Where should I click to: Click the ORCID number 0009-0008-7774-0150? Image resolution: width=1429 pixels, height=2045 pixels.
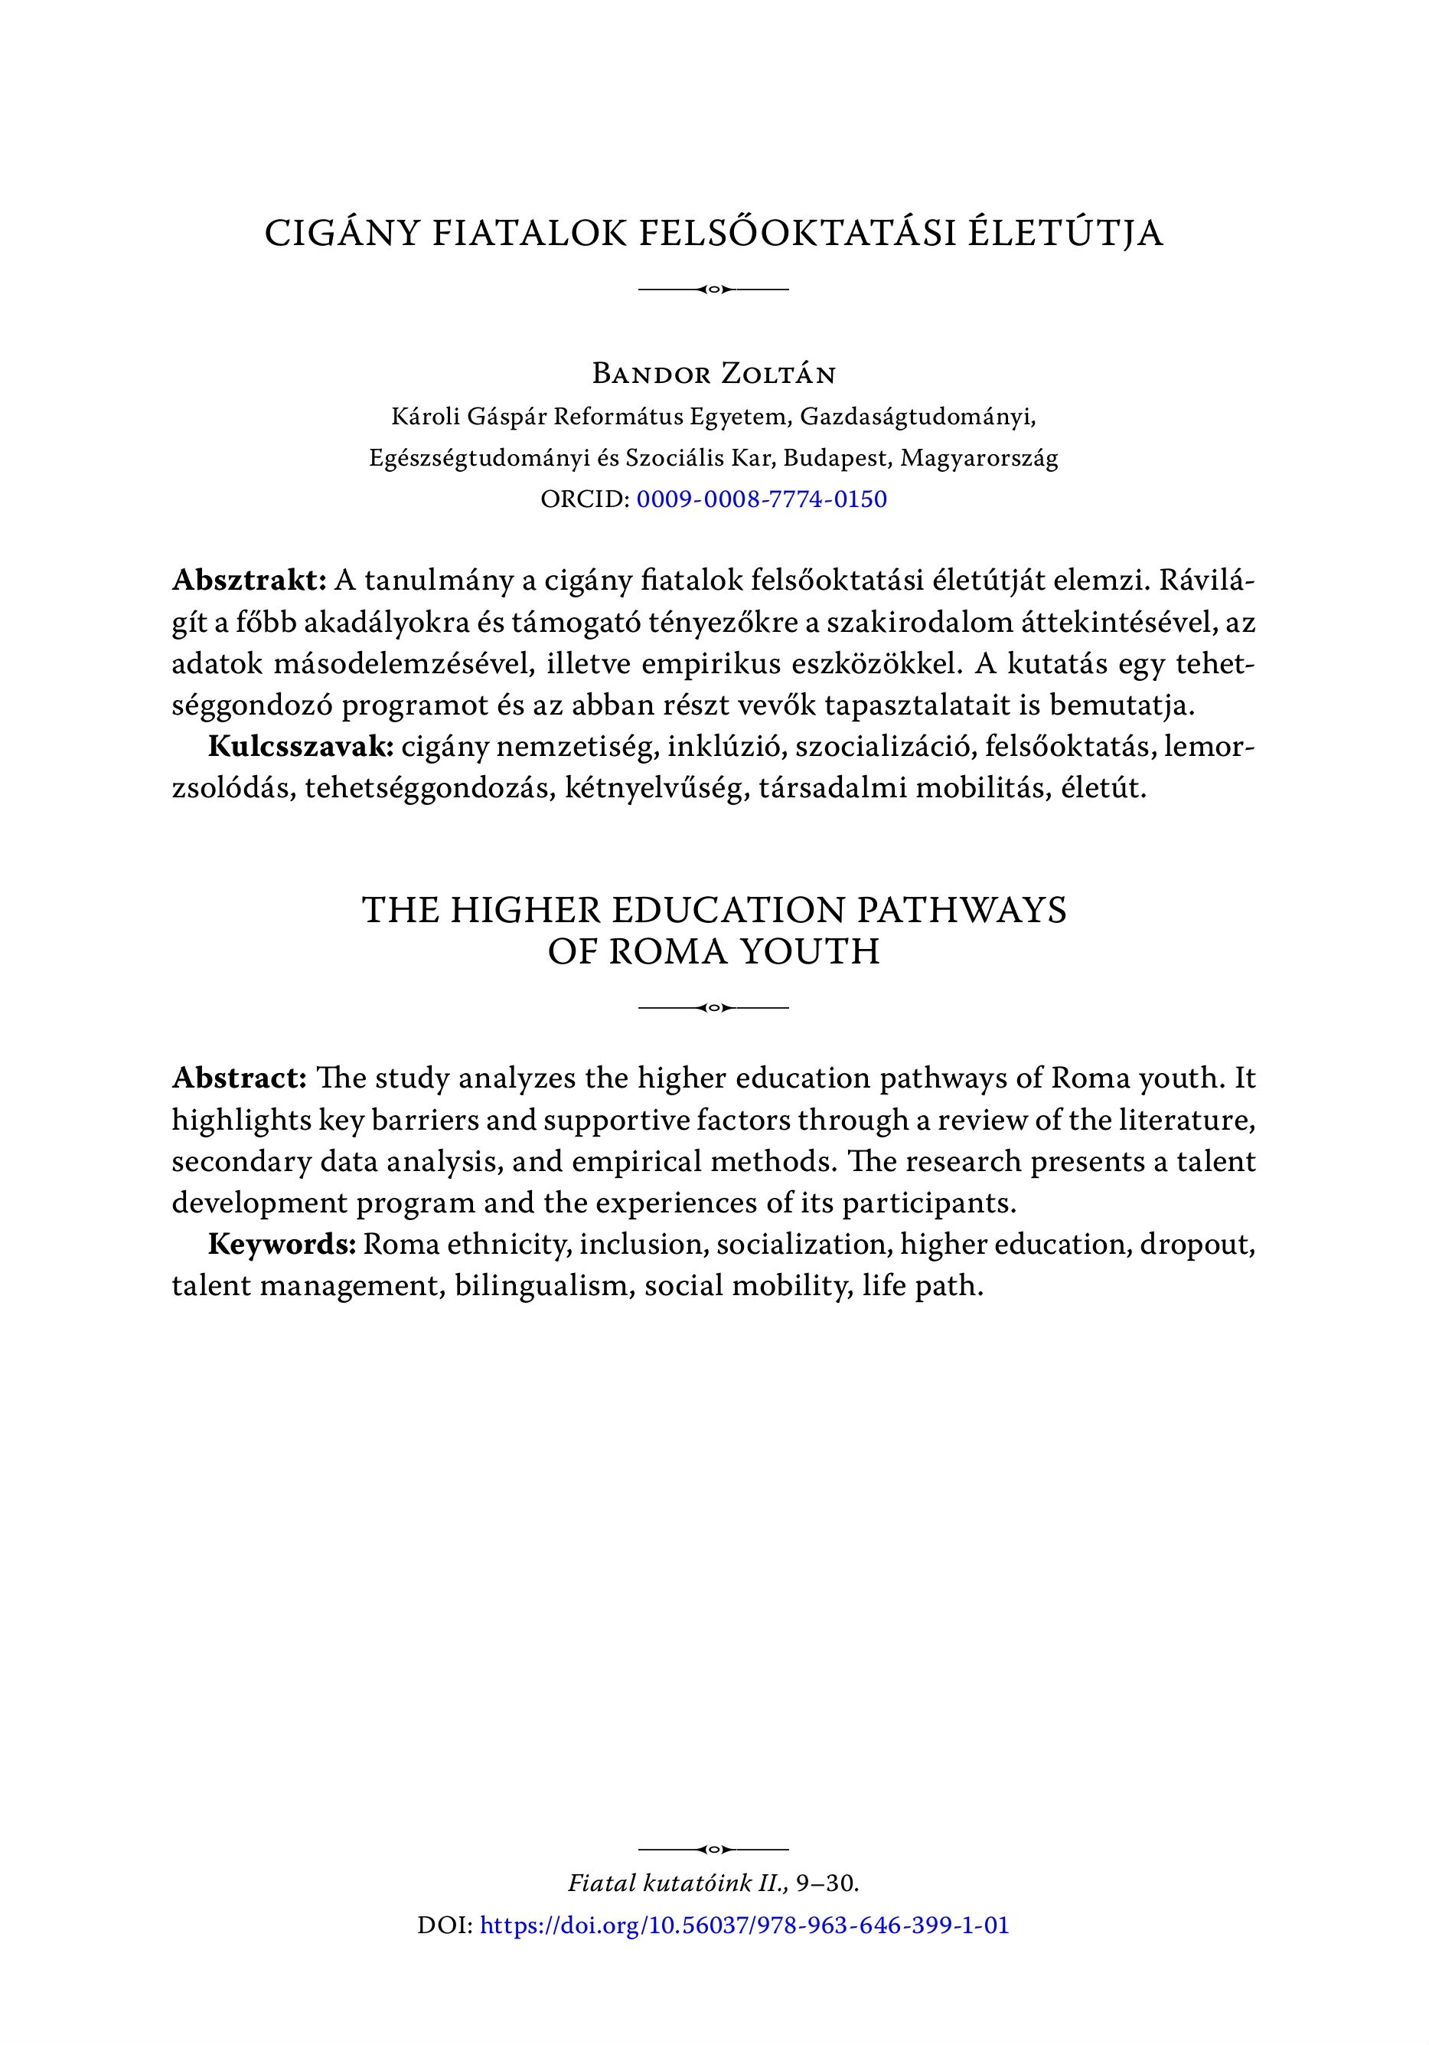(x=762, y=499)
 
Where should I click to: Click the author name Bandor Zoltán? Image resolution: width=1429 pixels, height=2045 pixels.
(x=714, y=374)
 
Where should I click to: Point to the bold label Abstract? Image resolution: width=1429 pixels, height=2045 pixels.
(x=240, y=1078)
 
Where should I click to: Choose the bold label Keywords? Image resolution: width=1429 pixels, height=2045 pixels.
(x=282, y=1245)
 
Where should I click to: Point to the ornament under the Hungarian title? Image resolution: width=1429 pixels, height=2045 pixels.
(x=714, y=290)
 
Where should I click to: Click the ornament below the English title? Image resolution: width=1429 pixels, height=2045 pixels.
(x=714, y=1007)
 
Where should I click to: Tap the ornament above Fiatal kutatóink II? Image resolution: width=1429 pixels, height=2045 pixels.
(x=714, y=1849)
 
